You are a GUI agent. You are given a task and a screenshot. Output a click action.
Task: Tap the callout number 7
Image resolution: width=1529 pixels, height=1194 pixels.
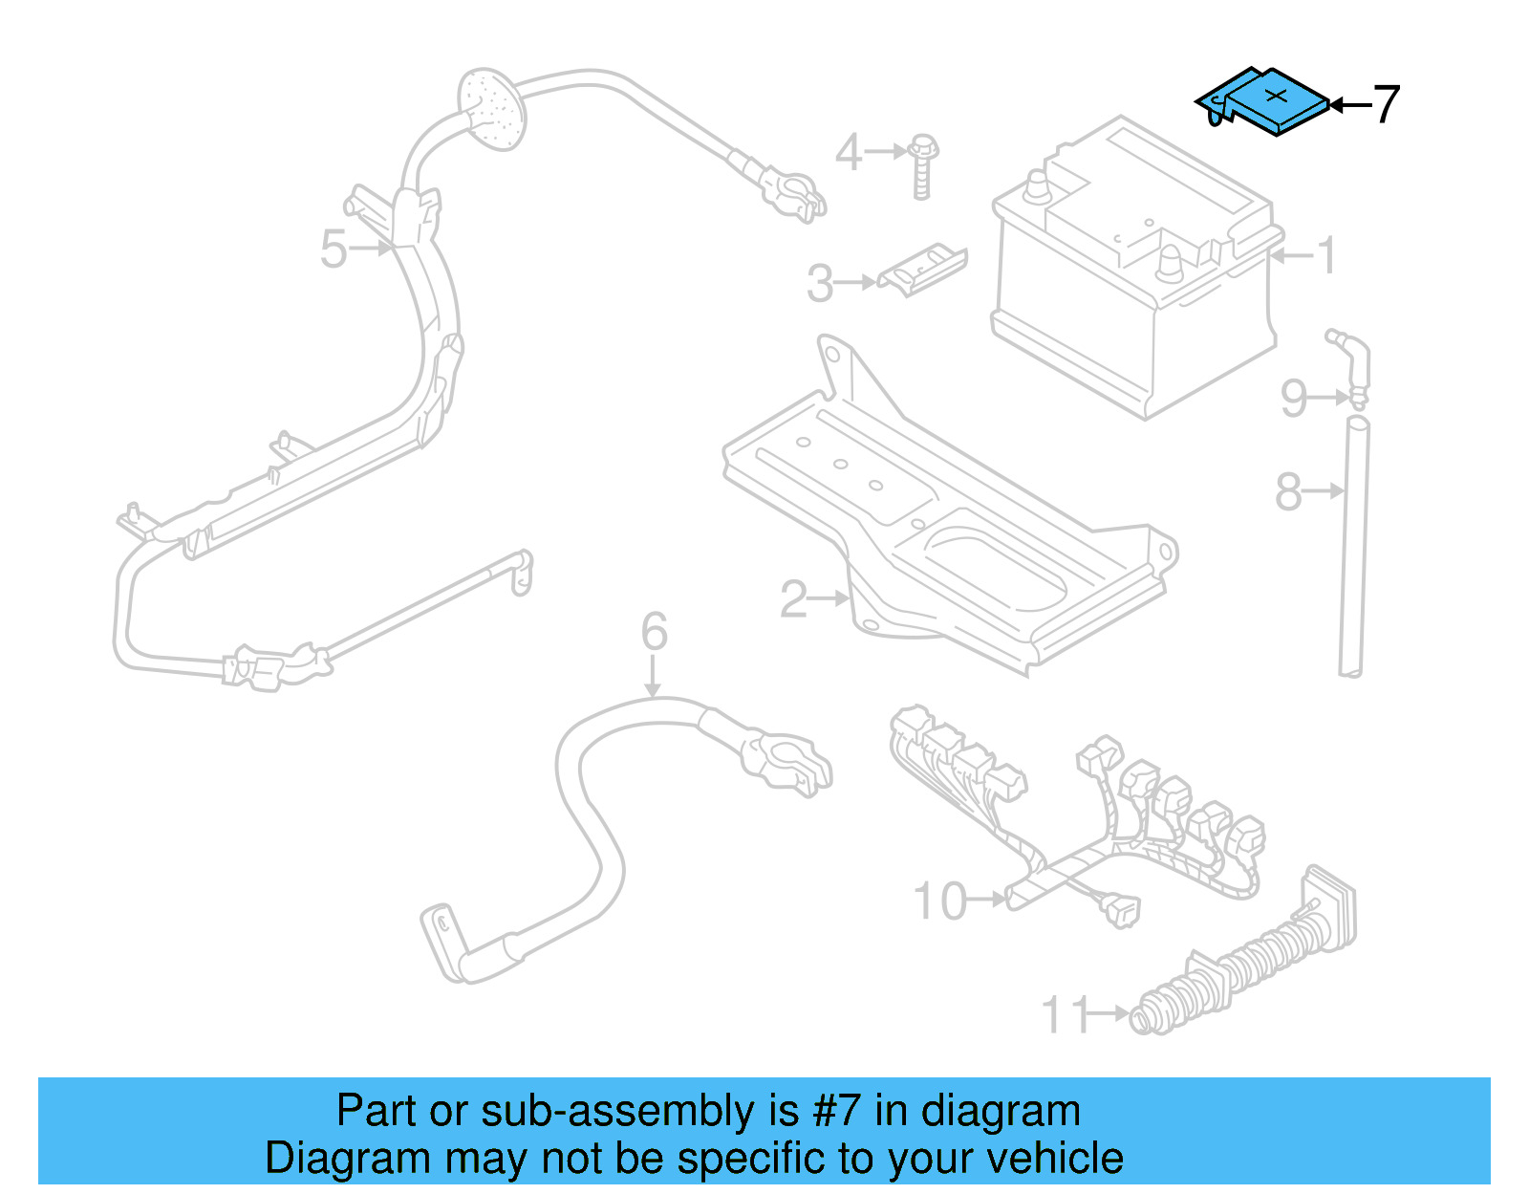tap(1386, 104)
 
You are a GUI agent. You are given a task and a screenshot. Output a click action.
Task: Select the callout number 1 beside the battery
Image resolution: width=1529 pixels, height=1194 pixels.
tap(1326, 255)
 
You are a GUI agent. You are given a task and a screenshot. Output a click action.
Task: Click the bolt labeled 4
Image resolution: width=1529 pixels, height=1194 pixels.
tap(923, 167)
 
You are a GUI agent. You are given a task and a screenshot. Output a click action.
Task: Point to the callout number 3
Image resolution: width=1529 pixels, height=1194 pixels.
tap(820, 284)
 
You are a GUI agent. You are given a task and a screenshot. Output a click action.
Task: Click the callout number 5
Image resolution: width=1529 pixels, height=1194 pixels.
tap(334, 250)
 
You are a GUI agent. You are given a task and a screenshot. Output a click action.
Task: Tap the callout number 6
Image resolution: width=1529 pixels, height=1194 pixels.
tap(655, 632)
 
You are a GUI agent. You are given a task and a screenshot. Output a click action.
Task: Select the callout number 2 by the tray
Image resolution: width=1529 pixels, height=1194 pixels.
tap(794, 599)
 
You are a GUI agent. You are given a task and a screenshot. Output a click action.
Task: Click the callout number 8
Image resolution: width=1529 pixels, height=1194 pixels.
tap(1288, 492)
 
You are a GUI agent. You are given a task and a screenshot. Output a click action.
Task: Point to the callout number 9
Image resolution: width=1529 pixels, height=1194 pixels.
tap(1295, 398)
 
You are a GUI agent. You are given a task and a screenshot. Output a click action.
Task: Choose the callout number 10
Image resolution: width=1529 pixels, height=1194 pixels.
tap(940, 901)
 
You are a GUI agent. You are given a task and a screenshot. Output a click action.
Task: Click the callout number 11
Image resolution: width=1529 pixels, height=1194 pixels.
tap(1065, 1015)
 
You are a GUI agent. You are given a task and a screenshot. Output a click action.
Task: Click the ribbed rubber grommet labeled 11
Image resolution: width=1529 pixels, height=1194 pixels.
tap(1242, 966)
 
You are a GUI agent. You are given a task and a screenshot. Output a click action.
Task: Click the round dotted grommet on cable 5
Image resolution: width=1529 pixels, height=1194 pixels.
tap(492, 108)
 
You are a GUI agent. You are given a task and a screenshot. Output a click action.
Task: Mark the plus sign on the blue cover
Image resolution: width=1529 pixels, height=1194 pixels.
tap(1277, 95)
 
